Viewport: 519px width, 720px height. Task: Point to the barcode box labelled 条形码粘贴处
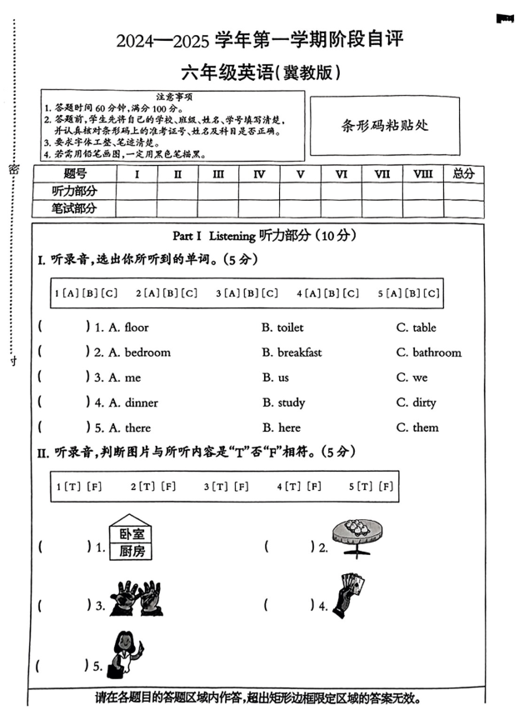click(x=384, y=126)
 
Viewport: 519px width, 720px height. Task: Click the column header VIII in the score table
click(x=422, y=174)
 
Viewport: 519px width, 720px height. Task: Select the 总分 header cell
click(x=463, y=174)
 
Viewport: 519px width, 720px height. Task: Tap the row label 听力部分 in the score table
click(x=74, y=191)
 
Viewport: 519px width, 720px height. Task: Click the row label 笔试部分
click(x=74, y=208)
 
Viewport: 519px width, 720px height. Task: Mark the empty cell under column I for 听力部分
click(x=137, y=191)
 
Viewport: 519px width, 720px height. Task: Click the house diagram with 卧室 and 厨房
click(x=132, y=539)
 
